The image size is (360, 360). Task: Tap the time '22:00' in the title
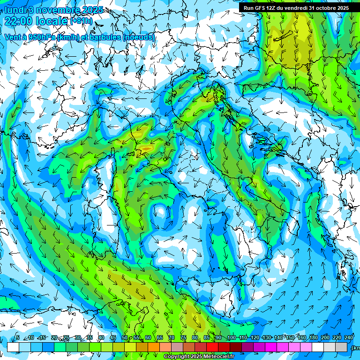tap(18, 21)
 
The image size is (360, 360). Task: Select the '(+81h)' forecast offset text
tap(81, 21)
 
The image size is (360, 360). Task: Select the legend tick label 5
tap(18, 338)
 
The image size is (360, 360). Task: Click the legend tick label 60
tap(148, 338)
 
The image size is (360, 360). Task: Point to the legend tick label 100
tap(231, 338)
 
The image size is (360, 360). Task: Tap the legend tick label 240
tap(349, 338)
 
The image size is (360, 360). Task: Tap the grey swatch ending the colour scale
tap(342, 347)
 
